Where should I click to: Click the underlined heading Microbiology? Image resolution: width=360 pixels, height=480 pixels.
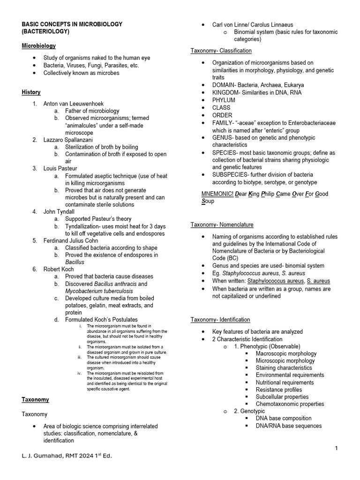pyautogui.click(x=38, y=46)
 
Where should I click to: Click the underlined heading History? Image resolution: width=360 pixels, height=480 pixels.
pyautogui.click(x=31, y=92)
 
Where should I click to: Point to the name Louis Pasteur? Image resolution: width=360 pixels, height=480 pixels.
pyautogui.click(x=61, y=168)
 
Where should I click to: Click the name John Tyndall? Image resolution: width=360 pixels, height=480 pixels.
pyautogui.click(x=60, y=212)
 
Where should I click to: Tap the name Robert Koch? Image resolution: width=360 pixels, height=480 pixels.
pyautogui.click(x=60, y=270)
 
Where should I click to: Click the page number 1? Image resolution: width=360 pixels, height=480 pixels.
pyautogui.click(x=336, y=449)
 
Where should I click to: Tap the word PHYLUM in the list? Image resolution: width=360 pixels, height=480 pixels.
pyautogui.click(x=224, y=100)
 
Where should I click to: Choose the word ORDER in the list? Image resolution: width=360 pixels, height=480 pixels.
pyautogui.click(x=222, y=115)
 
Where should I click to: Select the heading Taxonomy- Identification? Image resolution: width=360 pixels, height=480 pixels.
pyautogui.click(x=220, y=320)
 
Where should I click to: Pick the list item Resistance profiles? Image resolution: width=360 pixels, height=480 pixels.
pyautogui.click(x=278, y=390)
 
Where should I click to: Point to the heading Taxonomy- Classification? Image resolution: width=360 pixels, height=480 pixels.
pyautogui.click(x=221, y=51)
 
